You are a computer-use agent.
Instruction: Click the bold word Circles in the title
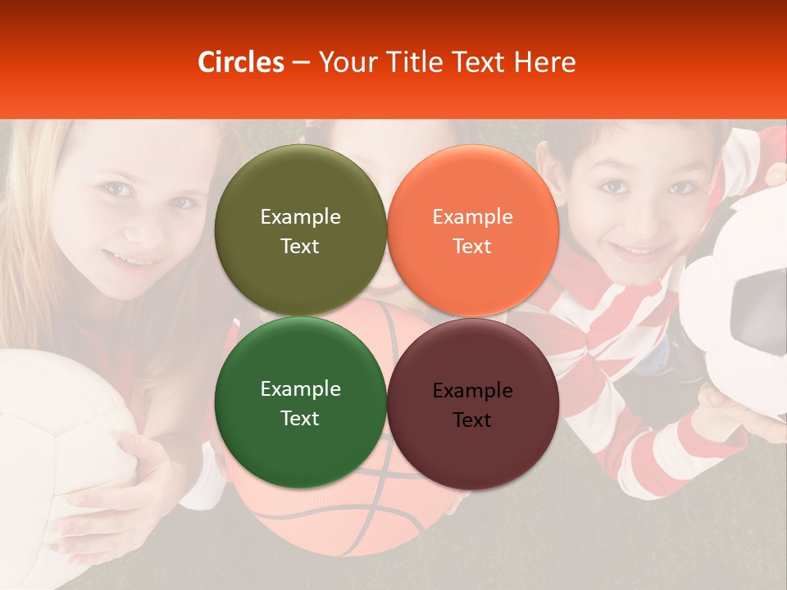point(240,62)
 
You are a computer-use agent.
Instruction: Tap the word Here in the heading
point(544,62)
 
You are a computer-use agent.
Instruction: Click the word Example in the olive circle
point(300,217)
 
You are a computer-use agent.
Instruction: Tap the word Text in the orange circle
point(472,247)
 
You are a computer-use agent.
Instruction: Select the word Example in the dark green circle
point(300,389)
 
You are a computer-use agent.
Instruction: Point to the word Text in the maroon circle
point(472,420)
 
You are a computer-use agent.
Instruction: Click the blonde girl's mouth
point(131,261)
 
